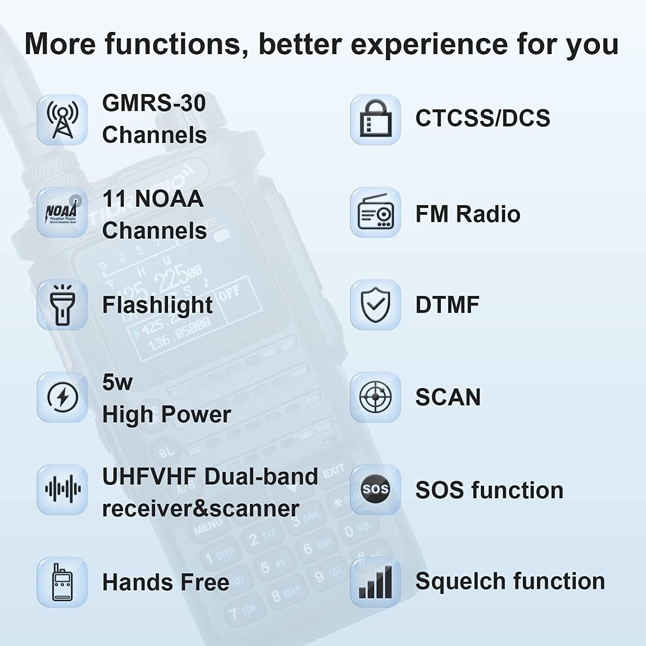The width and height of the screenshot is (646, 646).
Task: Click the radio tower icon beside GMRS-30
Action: coord(62,120)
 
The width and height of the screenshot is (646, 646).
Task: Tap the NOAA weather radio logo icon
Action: coord(62,212)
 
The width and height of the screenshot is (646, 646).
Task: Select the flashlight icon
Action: coord(62,305)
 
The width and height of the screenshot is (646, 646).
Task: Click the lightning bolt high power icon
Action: coord(62,397)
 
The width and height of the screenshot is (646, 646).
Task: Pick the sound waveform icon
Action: coord(62,489)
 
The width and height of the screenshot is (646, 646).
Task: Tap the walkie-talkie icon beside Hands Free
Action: coord(62,582)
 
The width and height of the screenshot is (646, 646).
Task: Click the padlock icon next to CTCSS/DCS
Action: coord(375,120)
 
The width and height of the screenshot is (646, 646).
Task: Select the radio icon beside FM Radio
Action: coord(375,212)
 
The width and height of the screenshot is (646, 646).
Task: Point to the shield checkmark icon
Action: coord(375,305)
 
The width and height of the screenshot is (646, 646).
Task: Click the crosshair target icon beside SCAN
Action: coord(375,397)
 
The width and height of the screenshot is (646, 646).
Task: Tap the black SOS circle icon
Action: coord(375,489)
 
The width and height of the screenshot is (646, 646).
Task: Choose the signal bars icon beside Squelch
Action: coord(375,582)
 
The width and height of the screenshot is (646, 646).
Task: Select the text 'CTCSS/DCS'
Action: coord(482,118)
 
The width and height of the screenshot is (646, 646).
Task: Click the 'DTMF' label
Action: coord(447,305)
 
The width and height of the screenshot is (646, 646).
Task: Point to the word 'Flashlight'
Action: coord(157,305)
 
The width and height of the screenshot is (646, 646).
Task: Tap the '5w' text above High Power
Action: coord(117,382)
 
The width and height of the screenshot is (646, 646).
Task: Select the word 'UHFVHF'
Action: coord(149,477)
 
